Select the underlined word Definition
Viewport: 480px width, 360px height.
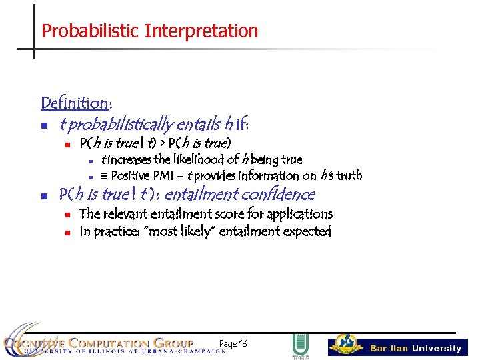(75, 103)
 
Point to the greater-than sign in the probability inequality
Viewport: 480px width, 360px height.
(161, 143)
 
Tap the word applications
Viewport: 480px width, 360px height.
(299, 214)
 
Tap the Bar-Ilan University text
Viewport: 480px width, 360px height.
(415, 348)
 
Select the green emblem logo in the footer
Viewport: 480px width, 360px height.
(301, 346)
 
